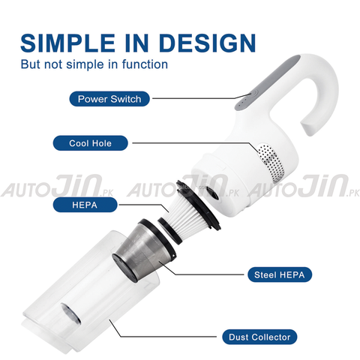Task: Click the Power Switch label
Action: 109,99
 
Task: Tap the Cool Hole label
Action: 90,143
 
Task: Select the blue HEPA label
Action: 85,205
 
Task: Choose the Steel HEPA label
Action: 280,274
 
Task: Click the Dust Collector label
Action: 259,337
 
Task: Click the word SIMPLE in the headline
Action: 68,43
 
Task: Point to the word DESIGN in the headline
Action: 207,43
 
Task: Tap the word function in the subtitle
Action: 145,64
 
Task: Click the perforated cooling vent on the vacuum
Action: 271,162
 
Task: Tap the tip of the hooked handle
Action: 310,127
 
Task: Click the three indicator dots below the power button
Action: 243,103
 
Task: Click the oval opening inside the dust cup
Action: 70,313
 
